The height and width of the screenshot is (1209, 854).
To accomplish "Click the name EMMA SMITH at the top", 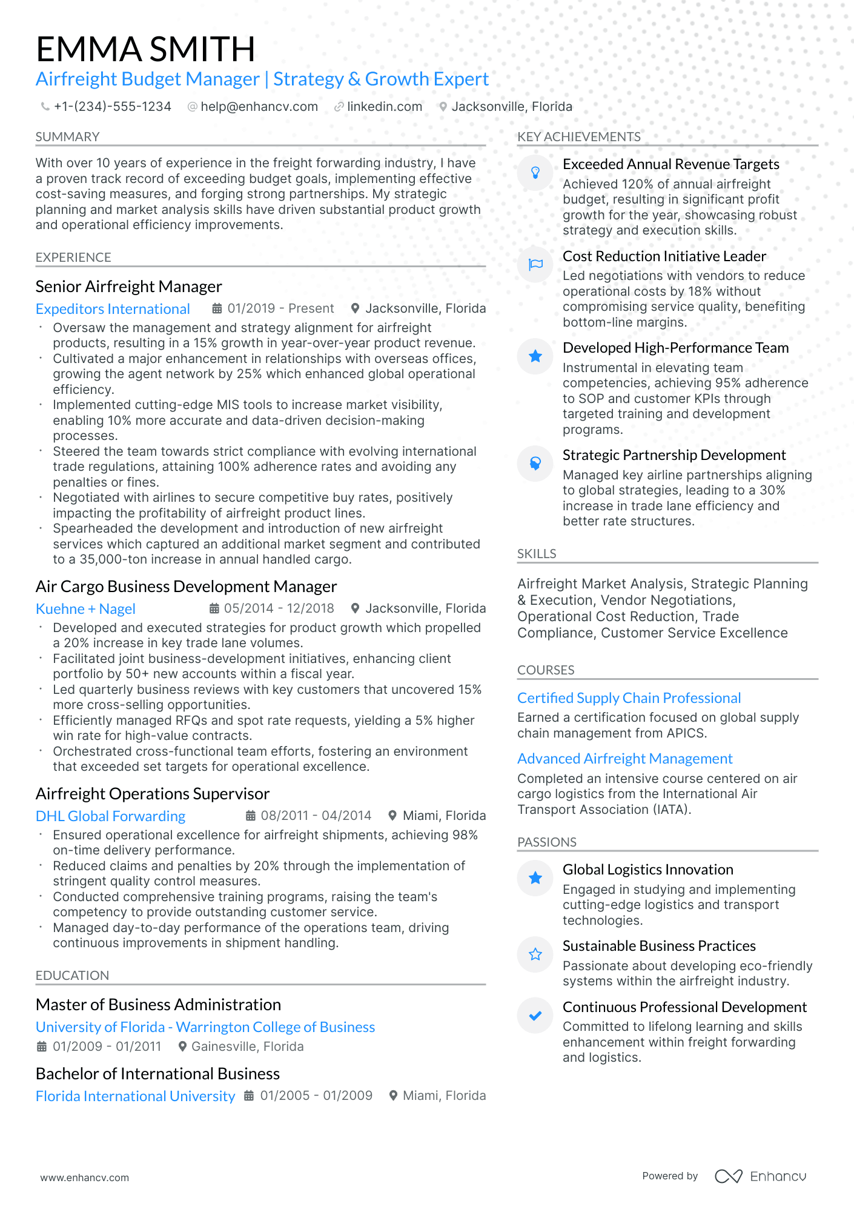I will point(145,49).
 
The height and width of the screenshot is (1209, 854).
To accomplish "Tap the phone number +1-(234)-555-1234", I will point(112,107).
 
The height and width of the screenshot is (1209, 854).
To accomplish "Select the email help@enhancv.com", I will point(259,107).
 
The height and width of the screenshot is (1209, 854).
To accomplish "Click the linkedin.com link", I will point(384,107).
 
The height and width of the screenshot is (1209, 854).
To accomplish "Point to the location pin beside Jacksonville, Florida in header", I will point(443,107).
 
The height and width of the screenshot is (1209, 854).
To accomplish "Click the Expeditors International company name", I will point(113,309).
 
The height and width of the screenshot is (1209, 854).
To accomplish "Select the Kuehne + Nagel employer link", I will point(85,609).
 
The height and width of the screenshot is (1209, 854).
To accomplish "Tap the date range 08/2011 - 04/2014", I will point(316,816).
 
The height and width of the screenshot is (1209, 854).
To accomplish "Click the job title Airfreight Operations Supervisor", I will point(153,794).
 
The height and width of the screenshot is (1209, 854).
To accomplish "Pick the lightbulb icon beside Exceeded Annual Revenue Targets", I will point(535,173).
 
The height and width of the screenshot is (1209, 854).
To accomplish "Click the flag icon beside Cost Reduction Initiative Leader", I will point(535,264).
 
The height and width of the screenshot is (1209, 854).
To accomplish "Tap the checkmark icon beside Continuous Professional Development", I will point(535,1016).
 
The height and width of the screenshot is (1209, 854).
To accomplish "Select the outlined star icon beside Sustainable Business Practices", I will point(535,954).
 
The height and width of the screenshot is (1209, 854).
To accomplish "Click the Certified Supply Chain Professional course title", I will point(629,698).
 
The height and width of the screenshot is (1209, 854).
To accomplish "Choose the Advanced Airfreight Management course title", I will point(624,759).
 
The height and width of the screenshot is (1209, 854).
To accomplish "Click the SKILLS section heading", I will point(537,554).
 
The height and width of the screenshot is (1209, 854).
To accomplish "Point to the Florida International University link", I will point(135,1096).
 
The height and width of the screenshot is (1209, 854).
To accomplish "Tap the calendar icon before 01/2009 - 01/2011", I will point(42,1047).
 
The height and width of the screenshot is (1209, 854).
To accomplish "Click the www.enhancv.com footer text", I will point(85,1177).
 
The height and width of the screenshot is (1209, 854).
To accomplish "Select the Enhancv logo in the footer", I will point(761,1176).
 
